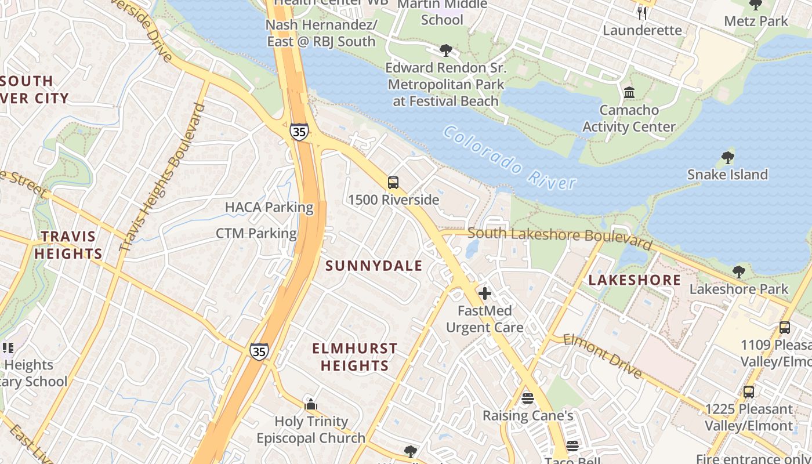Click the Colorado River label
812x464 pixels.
pos(510,158)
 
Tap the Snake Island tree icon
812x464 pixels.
pos(727,157)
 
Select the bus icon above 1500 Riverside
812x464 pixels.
pos(393,183)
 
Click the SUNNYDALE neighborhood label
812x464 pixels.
pos(374,266)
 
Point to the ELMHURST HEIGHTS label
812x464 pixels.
pos(355,357)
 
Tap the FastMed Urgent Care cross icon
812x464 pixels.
pos(485,293)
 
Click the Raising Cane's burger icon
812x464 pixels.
pos(527,398)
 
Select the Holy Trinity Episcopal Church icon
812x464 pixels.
pos(311,404)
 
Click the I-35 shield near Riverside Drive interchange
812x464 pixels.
pos(299,131)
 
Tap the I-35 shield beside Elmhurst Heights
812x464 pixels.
pos(259,351)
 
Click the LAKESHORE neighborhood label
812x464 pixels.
pos(635,280)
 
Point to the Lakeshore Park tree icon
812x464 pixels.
pos(738,271)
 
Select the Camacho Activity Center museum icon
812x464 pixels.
pos(629,93)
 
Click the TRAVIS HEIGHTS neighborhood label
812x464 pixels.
pos(68,245)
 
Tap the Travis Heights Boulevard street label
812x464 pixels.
pos(164,177)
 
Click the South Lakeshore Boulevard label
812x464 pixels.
pos(560,236)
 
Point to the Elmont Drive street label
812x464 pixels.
pos(603,356)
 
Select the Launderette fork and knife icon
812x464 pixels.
pos(642,13)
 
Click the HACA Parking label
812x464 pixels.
pos(269,207)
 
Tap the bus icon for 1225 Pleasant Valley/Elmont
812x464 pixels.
pos(749,391)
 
